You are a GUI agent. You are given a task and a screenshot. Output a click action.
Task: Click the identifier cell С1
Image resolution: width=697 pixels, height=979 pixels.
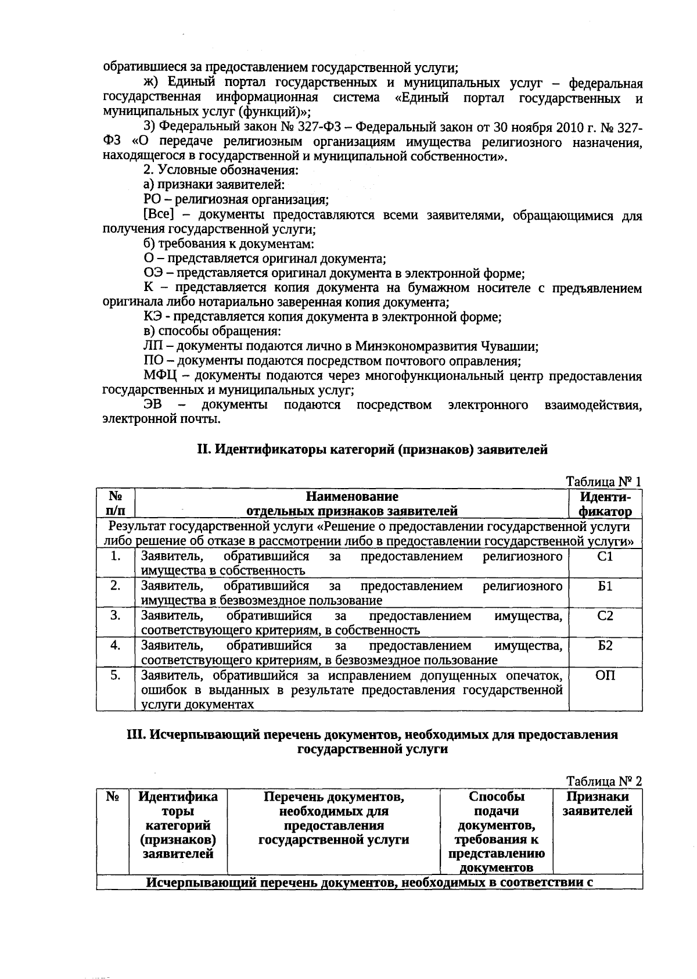605,557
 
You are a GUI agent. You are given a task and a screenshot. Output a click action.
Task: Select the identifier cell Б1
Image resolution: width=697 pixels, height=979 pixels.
605,586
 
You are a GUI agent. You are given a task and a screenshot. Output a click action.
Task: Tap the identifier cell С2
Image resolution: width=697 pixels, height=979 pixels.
605,616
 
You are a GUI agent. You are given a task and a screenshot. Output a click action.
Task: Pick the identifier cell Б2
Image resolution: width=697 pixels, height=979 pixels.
605,646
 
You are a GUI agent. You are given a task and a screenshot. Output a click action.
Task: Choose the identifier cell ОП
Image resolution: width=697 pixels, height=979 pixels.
605,676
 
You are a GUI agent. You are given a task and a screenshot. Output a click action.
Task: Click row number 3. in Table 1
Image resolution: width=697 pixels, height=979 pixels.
116,616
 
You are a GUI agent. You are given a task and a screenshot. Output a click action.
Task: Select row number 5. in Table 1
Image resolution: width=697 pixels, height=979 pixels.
116,676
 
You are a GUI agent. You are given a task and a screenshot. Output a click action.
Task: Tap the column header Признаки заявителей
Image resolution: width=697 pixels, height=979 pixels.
598,804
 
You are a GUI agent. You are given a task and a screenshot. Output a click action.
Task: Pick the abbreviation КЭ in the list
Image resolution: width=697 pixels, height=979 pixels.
153,317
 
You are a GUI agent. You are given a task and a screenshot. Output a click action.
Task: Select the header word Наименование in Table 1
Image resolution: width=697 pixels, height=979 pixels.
352,497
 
